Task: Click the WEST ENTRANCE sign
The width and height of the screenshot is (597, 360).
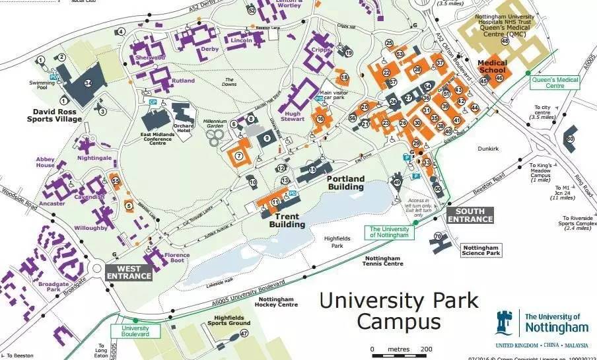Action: pyautogui.click(x=129, y=271)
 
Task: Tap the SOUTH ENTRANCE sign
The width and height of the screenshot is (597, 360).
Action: pyautogui.click(x=470, y=215)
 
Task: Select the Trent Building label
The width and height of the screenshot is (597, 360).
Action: pyautogui.click(x=287, y=220)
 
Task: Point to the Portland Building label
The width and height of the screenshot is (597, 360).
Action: pyautogui.click(x=345, y=183)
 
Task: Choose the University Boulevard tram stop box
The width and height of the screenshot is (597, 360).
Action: pyautogui.click(x=135, y=331)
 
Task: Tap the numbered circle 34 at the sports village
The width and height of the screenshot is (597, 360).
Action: pyautogui.click(x=88, y=83)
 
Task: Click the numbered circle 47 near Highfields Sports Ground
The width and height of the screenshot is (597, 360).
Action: pyautogui.click(x=244, y=334)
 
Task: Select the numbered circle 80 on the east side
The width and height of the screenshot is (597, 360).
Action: pyautogui.click(x=570, y=139)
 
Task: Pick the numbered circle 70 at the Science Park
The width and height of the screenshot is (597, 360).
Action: pyautogui.click(x=437, y=236)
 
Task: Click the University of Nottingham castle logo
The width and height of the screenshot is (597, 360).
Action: pyautogui.click(x=504, y=322)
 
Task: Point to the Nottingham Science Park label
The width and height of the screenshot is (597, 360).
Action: pyautogui.click(x=481, y=250)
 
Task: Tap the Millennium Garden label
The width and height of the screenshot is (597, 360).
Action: pyautogui.click(x=215, y=124)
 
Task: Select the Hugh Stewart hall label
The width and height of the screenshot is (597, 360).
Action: pyautogui.click(x=293, y=117)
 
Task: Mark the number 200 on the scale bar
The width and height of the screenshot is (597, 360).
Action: pyautogui.click(x=426, y=349)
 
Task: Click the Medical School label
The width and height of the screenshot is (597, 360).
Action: pyautogui.click(x=492, y=67)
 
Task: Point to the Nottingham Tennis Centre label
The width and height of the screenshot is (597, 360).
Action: pyautogui.click(x=383, y=261)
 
